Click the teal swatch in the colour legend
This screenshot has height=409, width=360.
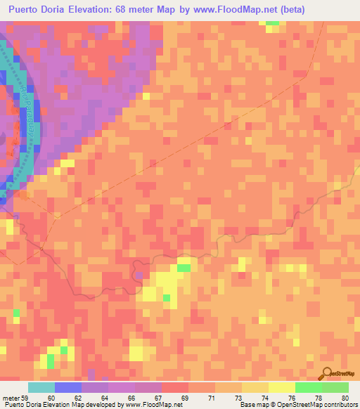(41, 388)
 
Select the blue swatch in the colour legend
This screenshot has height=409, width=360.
(67, 388)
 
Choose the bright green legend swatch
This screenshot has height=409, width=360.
(308, 388)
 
